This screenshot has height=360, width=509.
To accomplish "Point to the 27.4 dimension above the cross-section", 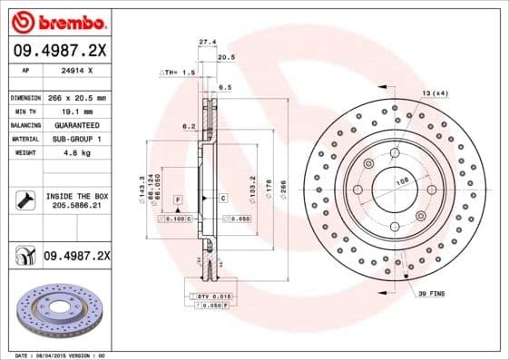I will click(x=207, y=42).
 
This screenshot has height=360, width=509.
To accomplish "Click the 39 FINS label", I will click(x=431, y=296).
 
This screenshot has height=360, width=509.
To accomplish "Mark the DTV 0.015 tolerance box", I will click(x=208, y=297).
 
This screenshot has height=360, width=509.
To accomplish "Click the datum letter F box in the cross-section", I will click(x=178, y=198).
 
